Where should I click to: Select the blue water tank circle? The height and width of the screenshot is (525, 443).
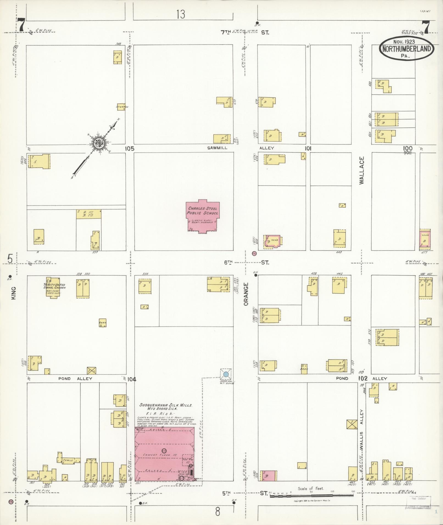coord(226,374)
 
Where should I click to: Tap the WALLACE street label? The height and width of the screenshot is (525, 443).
coord(361,170)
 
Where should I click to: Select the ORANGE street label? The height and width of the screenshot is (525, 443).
coord(246,294)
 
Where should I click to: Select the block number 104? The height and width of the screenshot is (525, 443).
coord(132,379)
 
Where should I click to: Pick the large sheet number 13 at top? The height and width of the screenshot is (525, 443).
coord(181,14)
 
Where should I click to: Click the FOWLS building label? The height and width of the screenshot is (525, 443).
coord(68,460)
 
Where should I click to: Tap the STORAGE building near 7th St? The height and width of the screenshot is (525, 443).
coord(121,107)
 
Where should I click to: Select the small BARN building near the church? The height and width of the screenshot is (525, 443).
coord(102,323)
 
